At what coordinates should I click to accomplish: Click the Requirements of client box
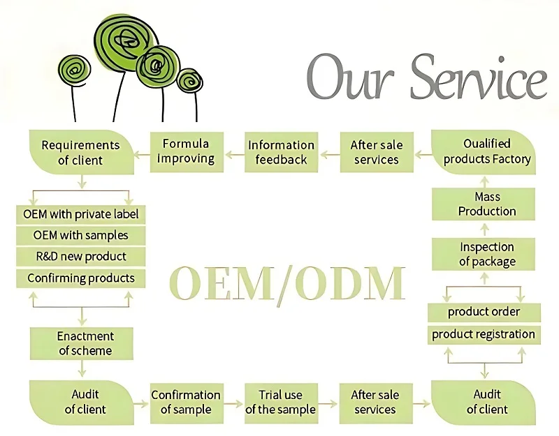tap(82, 152)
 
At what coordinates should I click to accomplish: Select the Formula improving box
tap(187, 152)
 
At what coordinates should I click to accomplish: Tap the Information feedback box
tap(281, 152)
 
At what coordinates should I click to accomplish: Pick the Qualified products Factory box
tap(484, 152)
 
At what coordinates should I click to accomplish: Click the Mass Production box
tap(484, 204)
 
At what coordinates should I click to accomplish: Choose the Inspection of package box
tap(484, 254)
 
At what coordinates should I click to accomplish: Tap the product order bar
tap(484, 312)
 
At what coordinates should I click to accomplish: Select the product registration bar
tap(484, 335)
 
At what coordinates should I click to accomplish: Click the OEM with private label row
tap(81, 214)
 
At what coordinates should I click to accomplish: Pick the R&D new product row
tap(81, 257)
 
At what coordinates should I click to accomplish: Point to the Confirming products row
tap(81, 278)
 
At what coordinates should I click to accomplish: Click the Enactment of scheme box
tap(82, 343)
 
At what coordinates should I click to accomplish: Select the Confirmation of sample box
tap(187, 403)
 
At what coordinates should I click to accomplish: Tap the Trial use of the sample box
tap(281, 403)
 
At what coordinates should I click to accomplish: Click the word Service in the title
tap(479, 77)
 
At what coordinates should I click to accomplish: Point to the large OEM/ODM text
tap(287, 284)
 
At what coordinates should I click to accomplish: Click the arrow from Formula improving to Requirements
tap(142, 154)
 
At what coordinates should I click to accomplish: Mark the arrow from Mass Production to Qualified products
tap(484, 181)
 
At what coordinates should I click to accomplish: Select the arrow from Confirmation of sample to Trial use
tap(234, 404)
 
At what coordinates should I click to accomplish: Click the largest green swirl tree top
tap(126, 42)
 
